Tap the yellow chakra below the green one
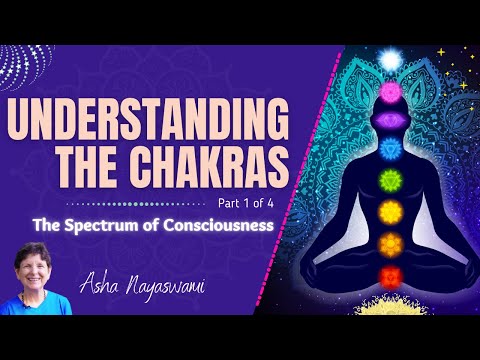pos(390,213)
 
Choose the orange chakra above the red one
pos(390,243)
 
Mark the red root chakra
pos(390,274)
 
